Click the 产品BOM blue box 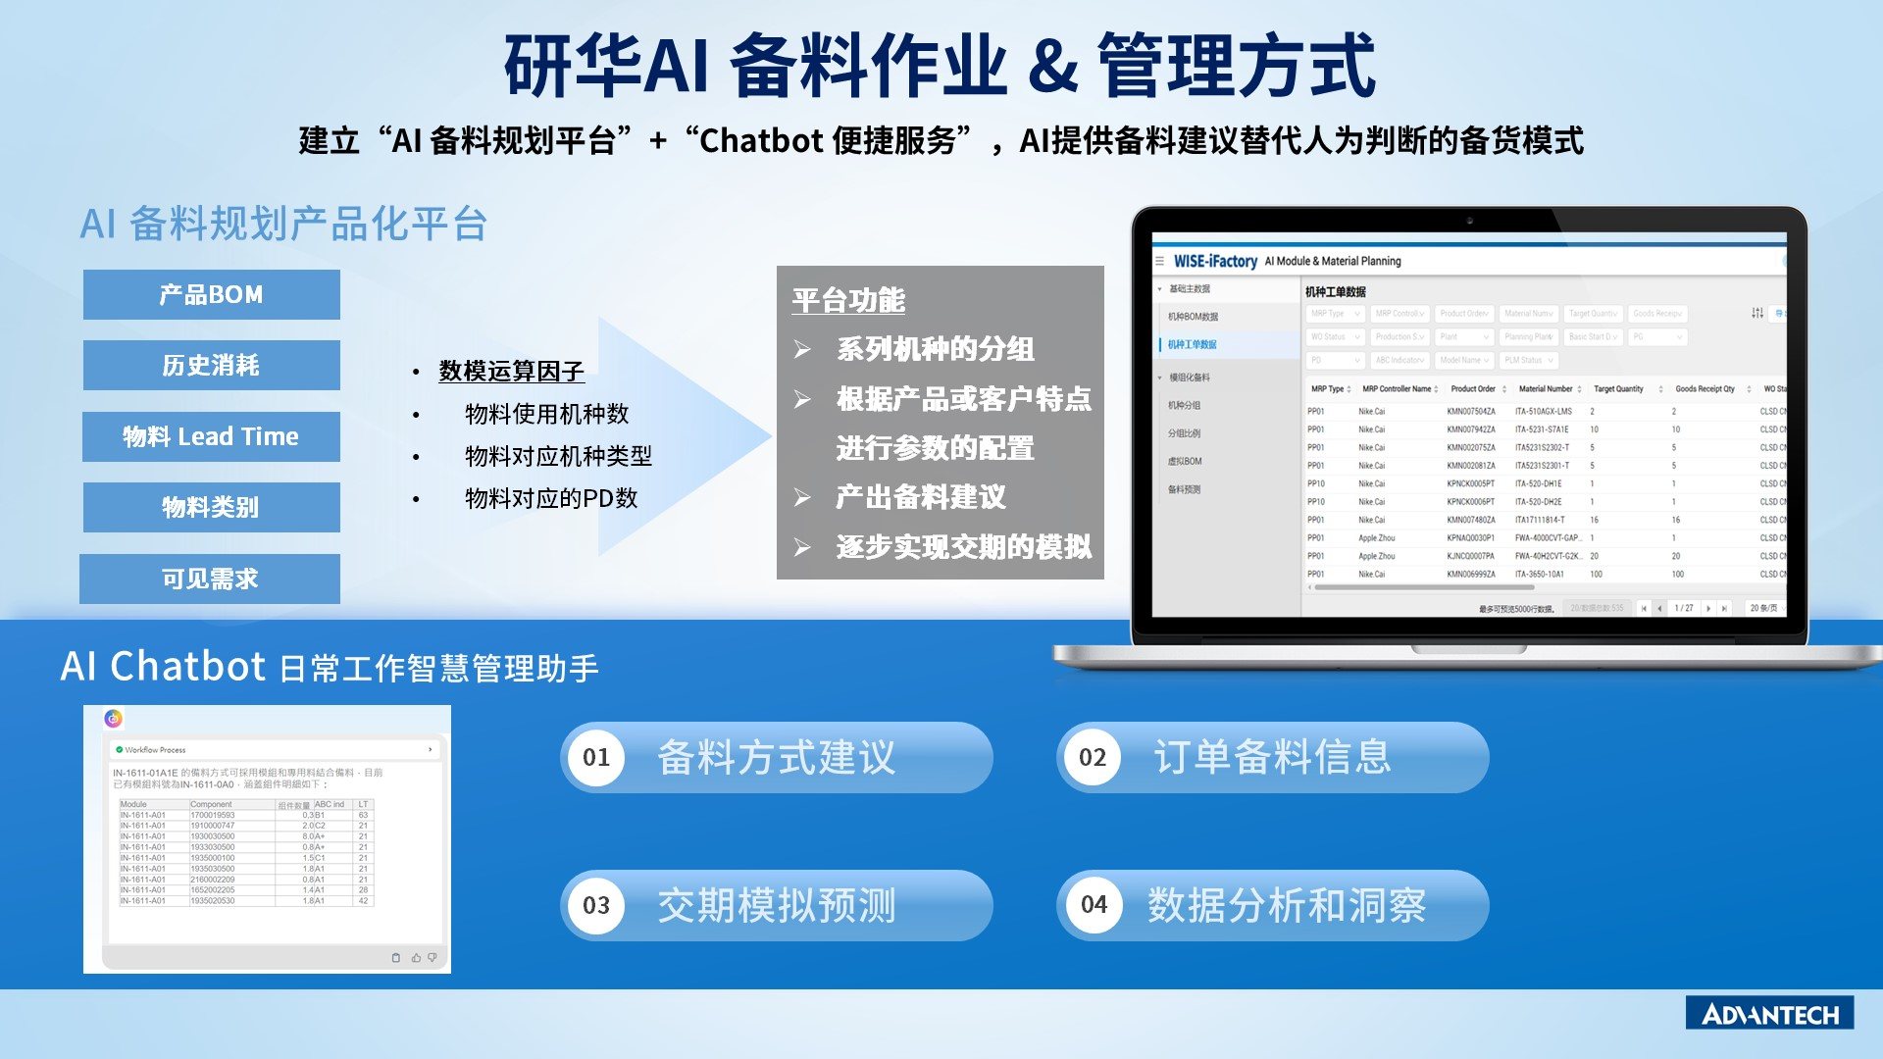(211, 294)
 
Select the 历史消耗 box (211, 365)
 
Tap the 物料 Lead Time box (211, 436)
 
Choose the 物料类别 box (211, 507)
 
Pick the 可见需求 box (210, 579)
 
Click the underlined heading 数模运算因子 (511, 371)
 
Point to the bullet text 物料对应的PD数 (550, 498)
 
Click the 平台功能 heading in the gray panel (848, 300)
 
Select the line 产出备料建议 (920, 497)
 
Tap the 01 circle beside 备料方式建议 (596, 757)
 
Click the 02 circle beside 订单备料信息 (1093, 757)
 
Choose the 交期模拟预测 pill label (776, 905)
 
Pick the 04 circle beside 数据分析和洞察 (1094, 905)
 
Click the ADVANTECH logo (1769, 1014)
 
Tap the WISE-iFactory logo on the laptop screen (1215, 261)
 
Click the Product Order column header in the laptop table (1472, 389)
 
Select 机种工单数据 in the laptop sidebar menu (1192, 344)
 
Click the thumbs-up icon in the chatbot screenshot (416, 957)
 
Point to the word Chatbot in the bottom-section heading (187, 667)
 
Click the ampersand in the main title (1053, 67)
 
